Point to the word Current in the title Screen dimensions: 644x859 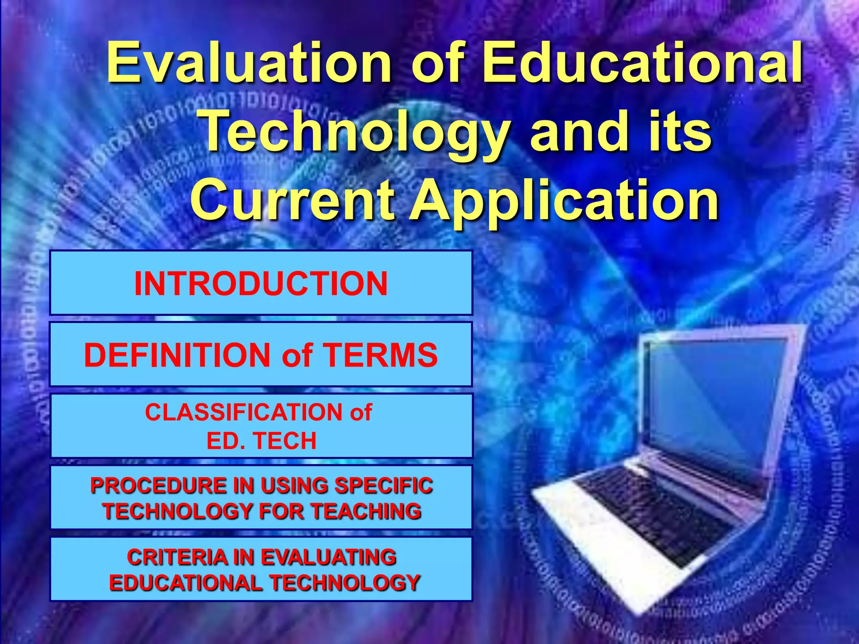pyautogui.click(x=292, y=200)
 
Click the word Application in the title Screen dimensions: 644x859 pyautogui.click(x=564, y=200)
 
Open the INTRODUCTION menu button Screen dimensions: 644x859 pyautogui.click(x=261, y=283)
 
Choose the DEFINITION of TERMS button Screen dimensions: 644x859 pyautogui.click(x=261, y=355)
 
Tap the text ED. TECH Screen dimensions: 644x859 pyautogui.click(x=261, y=441)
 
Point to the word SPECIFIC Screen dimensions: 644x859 pyautogui.click(x=383, y=486)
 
